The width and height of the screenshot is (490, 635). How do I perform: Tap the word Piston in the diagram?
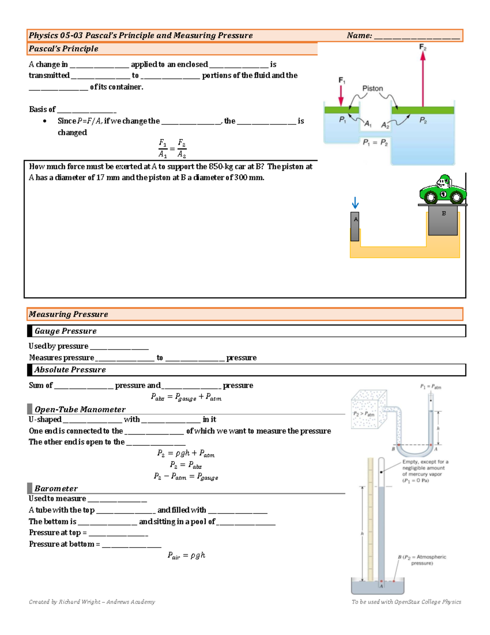point(372,88)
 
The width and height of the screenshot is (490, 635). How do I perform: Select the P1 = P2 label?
point(375,142)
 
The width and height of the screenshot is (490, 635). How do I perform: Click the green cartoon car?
point(443,191)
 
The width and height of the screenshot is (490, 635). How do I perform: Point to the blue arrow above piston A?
point(355,203)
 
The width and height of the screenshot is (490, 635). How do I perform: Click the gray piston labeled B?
point(443,220)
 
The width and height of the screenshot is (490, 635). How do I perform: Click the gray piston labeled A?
point(355,226)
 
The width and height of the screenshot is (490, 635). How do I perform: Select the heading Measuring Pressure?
point(68,314)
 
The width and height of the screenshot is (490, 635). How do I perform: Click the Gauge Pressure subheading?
point(65,331)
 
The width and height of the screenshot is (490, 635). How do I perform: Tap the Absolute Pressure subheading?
point(70,370)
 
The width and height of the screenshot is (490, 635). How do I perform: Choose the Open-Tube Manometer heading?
point(80,409)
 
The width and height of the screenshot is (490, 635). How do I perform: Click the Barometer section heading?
point(56,488)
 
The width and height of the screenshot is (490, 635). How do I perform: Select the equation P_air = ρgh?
point(186,555)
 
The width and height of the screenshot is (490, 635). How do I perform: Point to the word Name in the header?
point(359,36)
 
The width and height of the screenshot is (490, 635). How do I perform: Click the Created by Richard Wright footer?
point(92,601)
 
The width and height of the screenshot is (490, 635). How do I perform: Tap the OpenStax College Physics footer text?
point(406,601)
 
